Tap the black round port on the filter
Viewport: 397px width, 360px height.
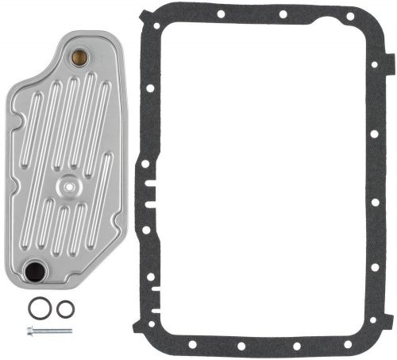[35, 272]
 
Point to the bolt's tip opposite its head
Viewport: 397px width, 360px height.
[71, 331]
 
